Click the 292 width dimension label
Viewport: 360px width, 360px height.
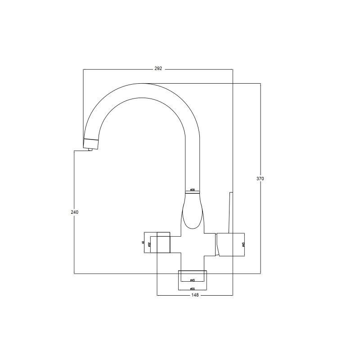158,69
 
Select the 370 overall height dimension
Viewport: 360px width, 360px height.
260,179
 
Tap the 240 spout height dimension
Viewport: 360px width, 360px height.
74,211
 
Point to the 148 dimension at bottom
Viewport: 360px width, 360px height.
194,296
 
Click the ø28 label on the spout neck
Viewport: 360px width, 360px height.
192,190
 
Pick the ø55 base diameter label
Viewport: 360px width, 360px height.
192,288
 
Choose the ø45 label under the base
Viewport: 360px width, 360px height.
192,280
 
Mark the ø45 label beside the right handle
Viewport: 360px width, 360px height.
243,244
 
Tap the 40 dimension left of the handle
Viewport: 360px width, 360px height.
143,243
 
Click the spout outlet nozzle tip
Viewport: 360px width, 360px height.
90,150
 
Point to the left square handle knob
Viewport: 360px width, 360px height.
163,243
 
